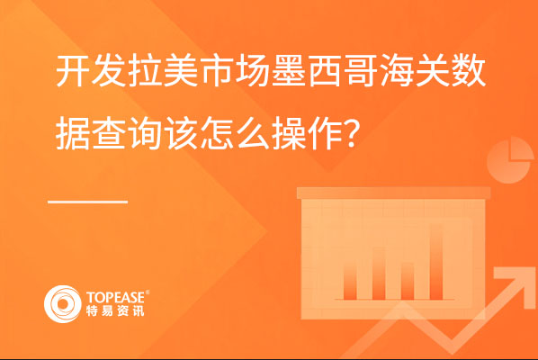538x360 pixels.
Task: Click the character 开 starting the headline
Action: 72,71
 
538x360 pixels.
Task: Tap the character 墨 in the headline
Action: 289,71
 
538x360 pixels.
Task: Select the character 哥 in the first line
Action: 361,71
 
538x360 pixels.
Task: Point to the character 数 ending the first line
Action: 469,71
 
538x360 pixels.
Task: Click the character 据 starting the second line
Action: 72,134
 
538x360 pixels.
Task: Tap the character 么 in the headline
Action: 253,134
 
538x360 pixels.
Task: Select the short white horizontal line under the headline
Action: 88,202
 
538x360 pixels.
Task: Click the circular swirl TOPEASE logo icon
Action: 62,304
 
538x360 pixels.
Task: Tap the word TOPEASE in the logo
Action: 115,298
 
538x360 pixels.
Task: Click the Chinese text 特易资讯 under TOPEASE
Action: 115,310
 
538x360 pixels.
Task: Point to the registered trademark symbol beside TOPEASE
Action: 148,292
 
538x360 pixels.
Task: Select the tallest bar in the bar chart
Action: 436,262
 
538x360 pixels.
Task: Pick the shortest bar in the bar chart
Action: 408,281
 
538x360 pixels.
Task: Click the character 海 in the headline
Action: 397,71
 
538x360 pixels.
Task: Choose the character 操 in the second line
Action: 289,134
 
